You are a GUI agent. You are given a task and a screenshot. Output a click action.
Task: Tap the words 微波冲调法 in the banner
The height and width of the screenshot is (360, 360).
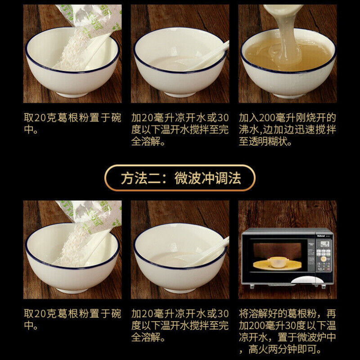click(x=208, y=178)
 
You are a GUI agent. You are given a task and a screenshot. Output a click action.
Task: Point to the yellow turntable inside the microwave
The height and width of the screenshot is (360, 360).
click(x=277, y=265)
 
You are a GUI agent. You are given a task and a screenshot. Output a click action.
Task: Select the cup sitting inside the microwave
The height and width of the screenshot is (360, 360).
click(x=277, y=262)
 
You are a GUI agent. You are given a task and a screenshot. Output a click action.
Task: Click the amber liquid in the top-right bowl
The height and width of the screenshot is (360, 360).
click(x=288, y=54)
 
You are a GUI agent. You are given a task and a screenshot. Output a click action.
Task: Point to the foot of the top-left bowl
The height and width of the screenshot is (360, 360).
click(x=72, y=94)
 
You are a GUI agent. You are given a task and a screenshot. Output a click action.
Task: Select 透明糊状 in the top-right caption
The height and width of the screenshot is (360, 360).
click(x=268, y=141)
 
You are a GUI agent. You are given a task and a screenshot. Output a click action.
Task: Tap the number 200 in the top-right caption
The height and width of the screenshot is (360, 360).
click(x=267, y=118)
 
